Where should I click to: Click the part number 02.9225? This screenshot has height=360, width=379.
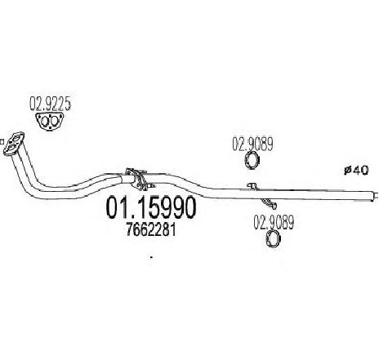(51, 104)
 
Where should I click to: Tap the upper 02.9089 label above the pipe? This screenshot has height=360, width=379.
(252, 144)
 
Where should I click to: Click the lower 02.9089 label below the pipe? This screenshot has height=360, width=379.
(274, 222)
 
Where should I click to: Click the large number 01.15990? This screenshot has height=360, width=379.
(151, 207)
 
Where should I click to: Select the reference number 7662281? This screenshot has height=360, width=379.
(150, 230)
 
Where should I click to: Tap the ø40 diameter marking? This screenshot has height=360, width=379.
(356, 171)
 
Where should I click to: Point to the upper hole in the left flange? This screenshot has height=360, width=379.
(17, 137)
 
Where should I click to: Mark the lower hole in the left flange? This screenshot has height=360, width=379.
(11, 148)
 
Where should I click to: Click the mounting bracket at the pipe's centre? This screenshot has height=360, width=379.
(136, 178)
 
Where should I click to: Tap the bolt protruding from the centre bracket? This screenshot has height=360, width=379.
(151, 186)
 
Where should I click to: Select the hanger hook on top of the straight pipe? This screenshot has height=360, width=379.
(252, 185)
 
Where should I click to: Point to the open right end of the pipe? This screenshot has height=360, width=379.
(374, 196)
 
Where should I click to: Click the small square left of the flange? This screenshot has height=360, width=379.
(2, 142)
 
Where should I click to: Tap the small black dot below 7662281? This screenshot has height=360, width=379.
(151, 256)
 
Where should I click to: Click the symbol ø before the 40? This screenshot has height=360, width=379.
(347, 171)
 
